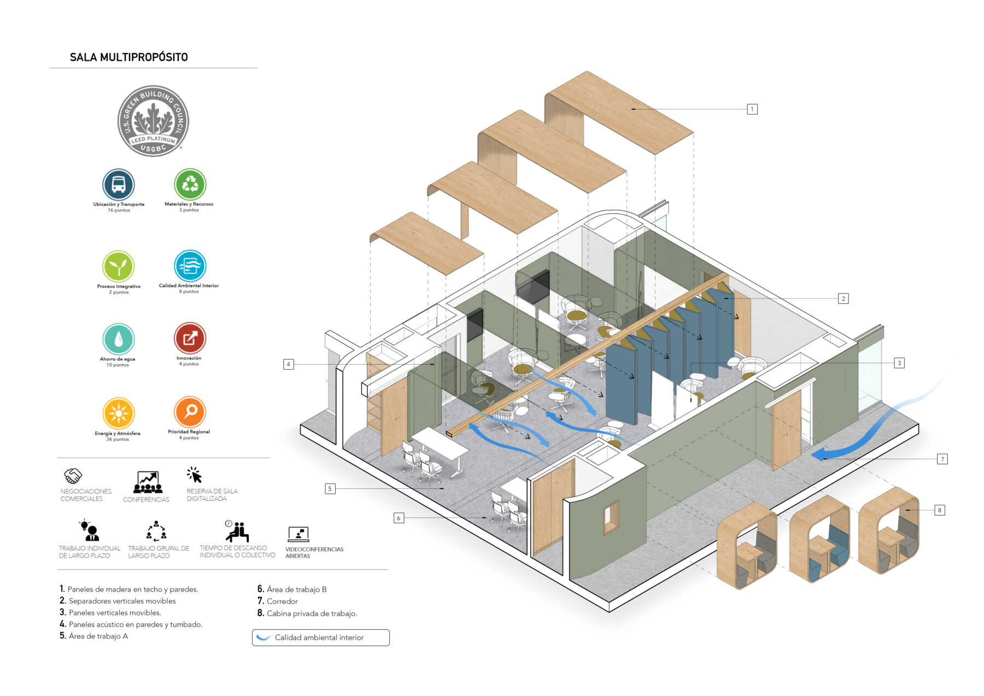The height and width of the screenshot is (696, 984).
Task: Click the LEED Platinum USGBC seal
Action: [x=153, y=121]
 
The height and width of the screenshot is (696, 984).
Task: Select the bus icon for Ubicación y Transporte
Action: [x=118, y=184]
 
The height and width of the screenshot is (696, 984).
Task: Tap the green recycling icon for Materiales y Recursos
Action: [x=190, y=184]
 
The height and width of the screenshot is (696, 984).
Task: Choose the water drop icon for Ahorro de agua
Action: [x=118, y=339]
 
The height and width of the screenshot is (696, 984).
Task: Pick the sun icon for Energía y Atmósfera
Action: [x=118, y=413]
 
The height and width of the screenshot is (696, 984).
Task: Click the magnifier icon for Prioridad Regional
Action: [x=190, y=412]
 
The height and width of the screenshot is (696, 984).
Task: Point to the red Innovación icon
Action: [x=190, y=338]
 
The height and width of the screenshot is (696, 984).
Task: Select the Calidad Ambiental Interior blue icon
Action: [x=190, y=266]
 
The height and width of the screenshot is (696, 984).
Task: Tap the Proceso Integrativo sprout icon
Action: [x=118, y=267]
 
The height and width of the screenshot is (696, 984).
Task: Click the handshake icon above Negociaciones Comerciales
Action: [x=73, y=476]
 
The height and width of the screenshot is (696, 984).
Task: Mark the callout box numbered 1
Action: [x=752, y=109]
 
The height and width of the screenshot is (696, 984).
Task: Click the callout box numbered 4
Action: [x=288, y=364]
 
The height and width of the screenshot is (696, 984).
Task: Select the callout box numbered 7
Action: [x=942, y=459]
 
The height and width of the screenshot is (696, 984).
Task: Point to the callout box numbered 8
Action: [x=939, y=510]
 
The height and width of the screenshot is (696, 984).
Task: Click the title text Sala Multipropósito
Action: [x=129, y=57]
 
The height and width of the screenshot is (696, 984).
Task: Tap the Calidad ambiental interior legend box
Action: [x=320, y=637]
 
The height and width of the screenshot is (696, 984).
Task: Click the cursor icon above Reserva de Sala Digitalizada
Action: [x=194, y=475]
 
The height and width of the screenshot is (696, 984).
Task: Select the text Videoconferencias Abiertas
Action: [x=314, y=553]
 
